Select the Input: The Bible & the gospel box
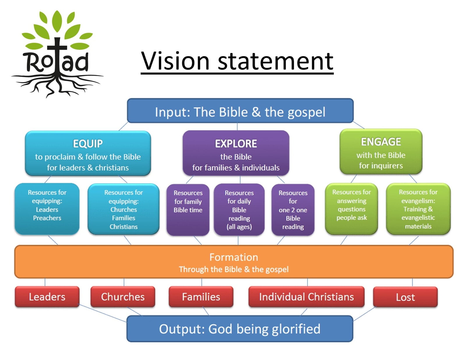click(x=240, y=111)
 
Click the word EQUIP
click(x=88, y=144)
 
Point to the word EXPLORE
click(x=236, y=144)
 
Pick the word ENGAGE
click(x=381, y=142)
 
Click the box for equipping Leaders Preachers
click(x=47, y=209)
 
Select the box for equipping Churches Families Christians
click(x=123, y=209)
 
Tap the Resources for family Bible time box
click(x=188, y=210)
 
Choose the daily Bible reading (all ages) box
click(x=239, y=210)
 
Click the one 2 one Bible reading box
click(x=293, y=210)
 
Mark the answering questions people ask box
click(x=352, y=209)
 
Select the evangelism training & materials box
click(x=418, y=209)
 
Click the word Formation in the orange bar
click(x=234, y=257)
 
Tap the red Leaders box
click(x=47, y=297)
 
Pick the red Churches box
click(x=123, y=297)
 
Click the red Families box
click(x=201, y=297)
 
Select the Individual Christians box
click(x=306, y=297)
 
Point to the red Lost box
click(x=405, y=297)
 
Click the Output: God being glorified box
click(x=240, y=329)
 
